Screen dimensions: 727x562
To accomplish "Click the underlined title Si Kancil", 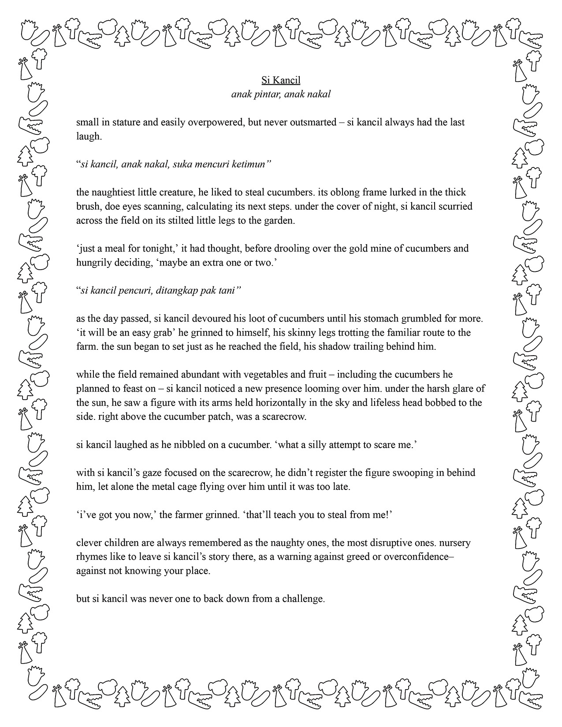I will tap(281, 80).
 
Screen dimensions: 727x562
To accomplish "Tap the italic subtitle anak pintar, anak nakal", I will tap(281, 94).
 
